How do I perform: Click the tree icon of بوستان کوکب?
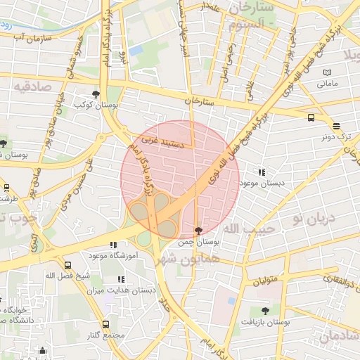coord(96,94)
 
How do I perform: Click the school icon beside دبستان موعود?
coord(262,172)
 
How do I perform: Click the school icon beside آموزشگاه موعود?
coord(114,245)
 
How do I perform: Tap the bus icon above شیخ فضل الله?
coord(68,266)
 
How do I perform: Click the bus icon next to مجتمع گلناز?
coord(105,324)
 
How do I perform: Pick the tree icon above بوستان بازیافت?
coord(265,310)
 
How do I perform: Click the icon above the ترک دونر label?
coord(337,127)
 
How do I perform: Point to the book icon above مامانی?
coord(326,72)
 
